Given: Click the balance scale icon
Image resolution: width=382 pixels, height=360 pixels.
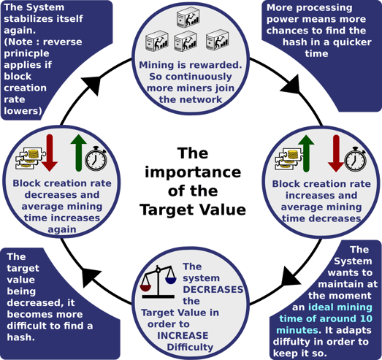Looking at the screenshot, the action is (x=158, y=282).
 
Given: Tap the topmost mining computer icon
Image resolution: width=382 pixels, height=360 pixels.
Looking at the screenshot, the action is (x=188, y=17).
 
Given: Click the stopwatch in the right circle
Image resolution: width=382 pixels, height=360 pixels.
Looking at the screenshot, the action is (x=356, y=159).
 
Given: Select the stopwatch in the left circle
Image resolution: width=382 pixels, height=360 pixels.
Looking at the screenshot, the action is (x=96, y=158).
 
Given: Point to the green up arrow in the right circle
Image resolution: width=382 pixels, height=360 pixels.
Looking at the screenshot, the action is (x=306, y=153).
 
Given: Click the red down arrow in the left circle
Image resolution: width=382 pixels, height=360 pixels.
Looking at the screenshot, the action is (x=50, y=153).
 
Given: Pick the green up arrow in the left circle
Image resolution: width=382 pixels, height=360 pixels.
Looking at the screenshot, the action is (x=78, y=153).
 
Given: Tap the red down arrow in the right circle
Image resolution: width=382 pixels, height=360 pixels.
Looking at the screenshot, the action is (x=336, y=153).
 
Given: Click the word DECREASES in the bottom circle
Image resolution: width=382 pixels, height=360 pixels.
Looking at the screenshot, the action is (x=213, y=289).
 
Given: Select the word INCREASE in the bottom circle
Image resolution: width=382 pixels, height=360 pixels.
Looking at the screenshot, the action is (x=183, y=335).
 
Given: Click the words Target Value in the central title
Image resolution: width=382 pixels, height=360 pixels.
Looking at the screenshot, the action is (x=193, y=210).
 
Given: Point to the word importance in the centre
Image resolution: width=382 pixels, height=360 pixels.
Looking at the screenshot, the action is (x=193, y=172).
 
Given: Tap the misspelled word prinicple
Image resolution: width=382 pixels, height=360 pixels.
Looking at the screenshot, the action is (x=26, y=53).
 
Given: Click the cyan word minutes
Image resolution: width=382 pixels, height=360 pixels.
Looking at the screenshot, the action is (x=297, y=330).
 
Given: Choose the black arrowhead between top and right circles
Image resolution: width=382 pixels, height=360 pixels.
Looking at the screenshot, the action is (x=291, y=84).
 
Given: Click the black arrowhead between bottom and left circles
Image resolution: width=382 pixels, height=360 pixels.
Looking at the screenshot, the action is (x=91, y=277).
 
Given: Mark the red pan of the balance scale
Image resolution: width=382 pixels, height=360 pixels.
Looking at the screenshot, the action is (x=145, y=288).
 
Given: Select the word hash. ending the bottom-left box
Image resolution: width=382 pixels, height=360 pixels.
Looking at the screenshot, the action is (x=20, y=337).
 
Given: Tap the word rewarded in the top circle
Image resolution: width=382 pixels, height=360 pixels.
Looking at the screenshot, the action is (x=216, y=65).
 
